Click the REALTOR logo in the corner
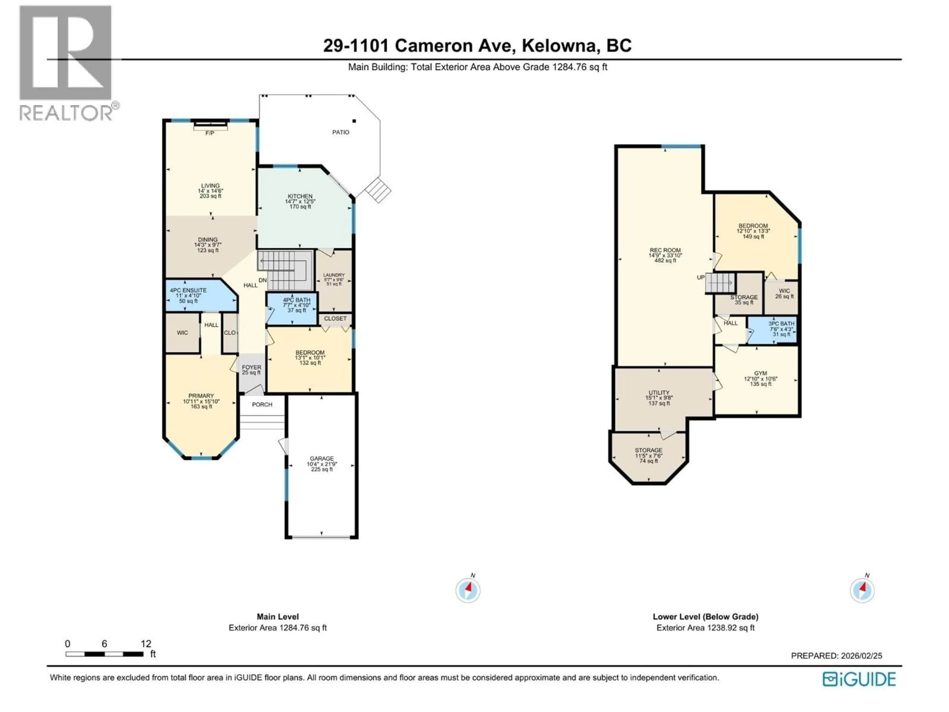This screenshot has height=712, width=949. [x=66, y=62]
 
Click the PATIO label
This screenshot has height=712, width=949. [x=341, y=132]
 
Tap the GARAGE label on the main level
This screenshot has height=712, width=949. [x=322, y=458]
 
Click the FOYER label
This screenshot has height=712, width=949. [x=251, y=367]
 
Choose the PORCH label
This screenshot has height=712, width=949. [x=262, y=404]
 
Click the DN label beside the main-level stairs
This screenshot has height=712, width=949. [x=262, y=280]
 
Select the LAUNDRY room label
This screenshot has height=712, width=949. [x=334, y=275]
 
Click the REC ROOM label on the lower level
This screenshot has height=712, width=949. [x=665, y=250]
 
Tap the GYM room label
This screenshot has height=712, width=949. [x=761, y=373]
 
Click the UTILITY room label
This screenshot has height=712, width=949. [x=659, y=393]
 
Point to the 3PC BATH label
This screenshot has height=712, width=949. [x=781, y=324]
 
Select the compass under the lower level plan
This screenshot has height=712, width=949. [x=862, y=591]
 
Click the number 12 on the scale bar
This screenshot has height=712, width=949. [x=146, y=644]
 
